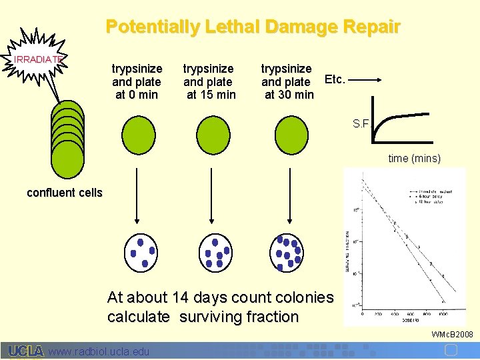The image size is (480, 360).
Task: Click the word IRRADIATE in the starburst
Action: point(38,59)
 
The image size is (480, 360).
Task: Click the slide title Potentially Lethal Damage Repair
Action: point(253,27)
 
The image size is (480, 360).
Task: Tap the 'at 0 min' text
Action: point(137,95)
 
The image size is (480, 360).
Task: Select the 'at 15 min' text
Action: point(211,95)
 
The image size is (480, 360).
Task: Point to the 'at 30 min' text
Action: point(289,95)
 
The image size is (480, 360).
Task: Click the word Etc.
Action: point(334,79)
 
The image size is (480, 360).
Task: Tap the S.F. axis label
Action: point(363,123)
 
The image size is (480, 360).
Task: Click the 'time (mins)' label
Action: point(414,159)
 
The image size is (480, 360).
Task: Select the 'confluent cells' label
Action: point(65,193)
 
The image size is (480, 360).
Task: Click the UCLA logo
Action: point(26,351)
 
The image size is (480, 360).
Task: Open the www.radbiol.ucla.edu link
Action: point(99,351)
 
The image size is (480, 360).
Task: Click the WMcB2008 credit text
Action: point(452,333)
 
